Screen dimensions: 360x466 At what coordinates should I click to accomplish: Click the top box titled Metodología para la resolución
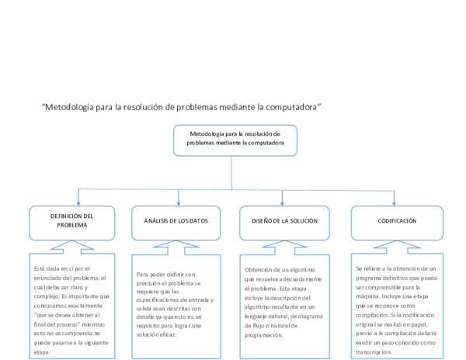point(235,140)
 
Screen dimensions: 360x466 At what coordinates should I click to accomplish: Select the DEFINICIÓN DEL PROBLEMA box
point(71,221)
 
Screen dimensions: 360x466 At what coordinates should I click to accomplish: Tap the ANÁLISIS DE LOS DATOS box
point(177,221)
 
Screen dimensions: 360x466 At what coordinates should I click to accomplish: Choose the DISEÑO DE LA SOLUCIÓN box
point(284,221)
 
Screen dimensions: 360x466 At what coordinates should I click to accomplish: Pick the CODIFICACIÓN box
point(397,221)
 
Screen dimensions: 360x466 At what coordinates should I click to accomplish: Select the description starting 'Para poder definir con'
point(177,304)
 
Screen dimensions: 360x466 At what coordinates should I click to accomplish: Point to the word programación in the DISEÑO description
point(263,334)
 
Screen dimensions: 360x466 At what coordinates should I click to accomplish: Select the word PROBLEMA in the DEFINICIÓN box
point(71,226)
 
